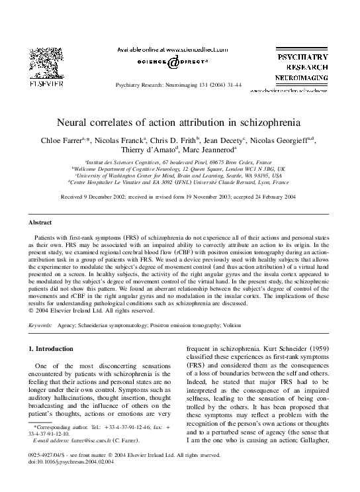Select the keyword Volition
tap(250, 326)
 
